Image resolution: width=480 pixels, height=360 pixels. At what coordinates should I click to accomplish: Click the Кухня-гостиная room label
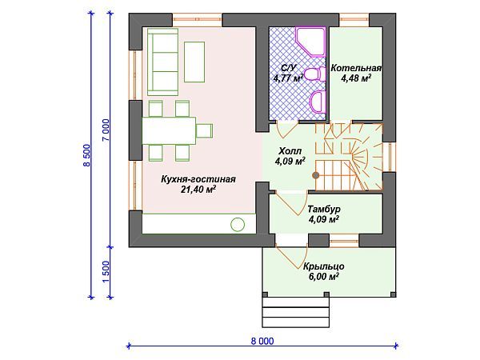click(x=198, y=179)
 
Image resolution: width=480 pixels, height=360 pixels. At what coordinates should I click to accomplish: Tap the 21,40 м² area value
click(x=198, y=190)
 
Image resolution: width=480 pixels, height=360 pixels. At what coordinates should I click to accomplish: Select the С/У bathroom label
click(x=289, y=68)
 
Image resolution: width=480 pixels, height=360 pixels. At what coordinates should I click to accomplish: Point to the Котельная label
click(x=356, y=68)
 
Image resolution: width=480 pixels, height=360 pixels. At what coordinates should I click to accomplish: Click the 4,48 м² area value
click(x=356, y=78)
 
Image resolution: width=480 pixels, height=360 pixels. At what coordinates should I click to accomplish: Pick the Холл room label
click(x=290, y=151)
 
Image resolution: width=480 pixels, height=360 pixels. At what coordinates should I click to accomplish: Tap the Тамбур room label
click(x=324, y=209)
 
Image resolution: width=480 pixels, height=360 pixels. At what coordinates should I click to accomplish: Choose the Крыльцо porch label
click(x=323, y=266)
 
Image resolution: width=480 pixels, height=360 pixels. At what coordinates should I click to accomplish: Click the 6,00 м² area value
click(x=323, y=277)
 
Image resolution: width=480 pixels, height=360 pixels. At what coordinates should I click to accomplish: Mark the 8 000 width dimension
click(x=262, y=341)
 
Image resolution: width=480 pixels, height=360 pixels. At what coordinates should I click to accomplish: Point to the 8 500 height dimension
click(x=87, y=155)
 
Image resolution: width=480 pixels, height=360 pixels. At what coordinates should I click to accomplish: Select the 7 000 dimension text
click(x=106, y=130)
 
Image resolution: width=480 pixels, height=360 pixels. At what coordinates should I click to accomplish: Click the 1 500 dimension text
click(x=106, y=272)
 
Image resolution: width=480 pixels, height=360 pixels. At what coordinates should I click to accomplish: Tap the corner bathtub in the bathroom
click(x=310, y=42)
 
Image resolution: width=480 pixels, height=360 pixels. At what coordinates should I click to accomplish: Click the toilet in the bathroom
click(x=316, y=74)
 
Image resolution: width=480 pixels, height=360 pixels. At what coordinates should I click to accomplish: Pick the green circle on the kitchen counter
click(x=238, y=224)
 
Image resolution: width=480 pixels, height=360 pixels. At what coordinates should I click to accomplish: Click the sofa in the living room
click(x=162, y=62)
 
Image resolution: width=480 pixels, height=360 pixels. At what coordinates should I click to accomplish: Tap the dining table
click(x=169, y=130)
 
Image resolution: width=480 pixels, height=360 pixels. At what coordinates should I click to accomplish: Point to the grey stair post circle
click(x=316, y=175)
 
